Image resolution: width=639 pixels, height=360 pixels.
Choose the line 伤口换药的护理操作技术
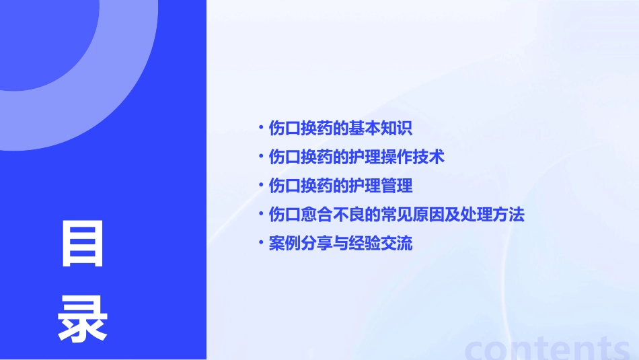click(356, 157)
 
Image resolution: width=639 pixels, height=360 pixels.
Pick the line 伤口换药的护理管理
click(340, 186)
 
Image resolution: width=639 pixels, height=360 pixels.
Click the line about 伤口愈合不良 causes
click(396, 215)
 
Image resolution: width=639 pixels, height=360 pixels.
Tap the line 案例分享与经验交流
click(340, 244)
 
